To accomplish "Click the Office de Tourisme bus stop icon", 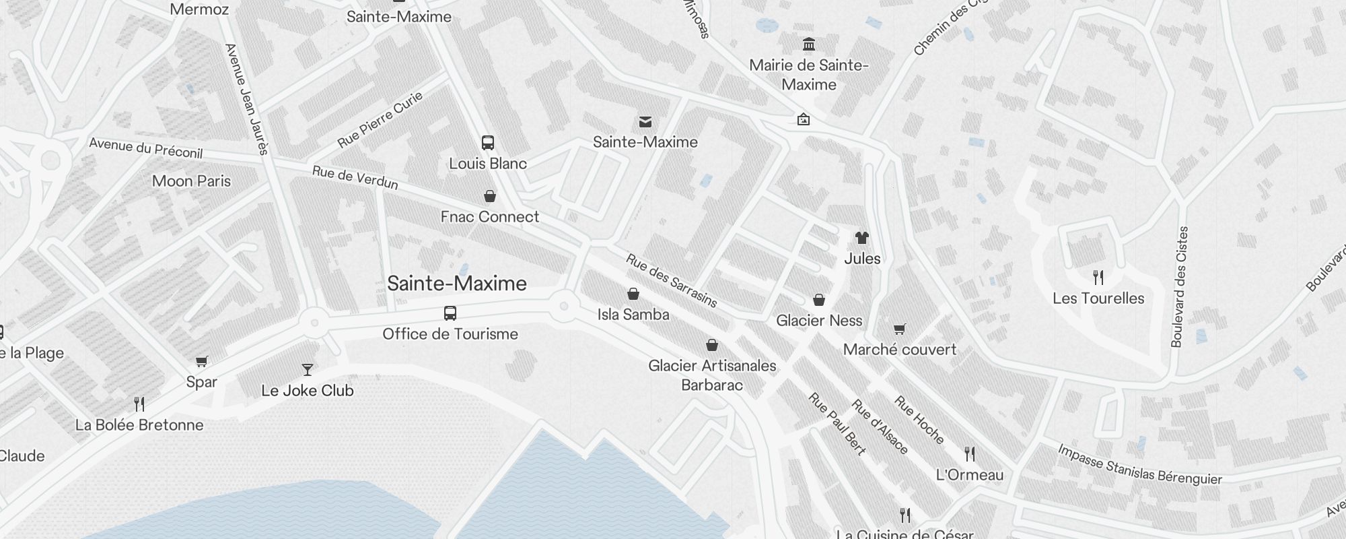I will point(450,313).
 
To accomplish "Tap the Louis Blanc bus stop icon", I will point(488,143).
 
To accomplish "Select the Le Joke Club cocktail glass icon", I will point(308,369).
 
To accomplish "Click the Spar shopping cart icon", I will point(201,361).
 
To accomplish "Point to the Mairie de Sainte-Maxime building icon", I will point(809,44).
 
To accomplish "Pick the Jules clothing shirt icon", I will point(862,237).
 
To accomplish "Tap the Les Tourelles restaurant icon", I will point(1098,277).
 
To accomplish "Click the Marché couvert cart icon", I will point(900,329).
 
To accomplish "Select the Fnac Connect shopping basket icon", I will point(490,196).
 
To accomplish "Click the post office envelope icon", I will point(645,122).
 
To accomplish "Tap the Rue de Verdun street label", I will point(355,178).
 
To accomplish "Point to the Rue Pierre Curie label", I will point(380,119).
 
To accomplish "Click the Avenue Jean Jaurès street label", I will point(246,99).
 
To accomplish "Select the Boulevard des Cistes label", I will point(1180,286).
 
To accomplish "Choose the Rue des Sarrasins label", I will point(672,280).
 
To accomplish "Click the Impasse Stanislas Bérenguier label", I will point(1139,465).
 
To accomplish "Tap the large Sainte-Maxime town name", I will point(457,284).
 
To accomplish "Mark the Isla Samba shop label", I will point(633,315).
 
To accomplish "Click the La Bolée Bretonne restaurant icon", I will point(139,404).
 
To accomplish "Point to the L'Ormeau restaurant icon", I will point(970,453).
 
